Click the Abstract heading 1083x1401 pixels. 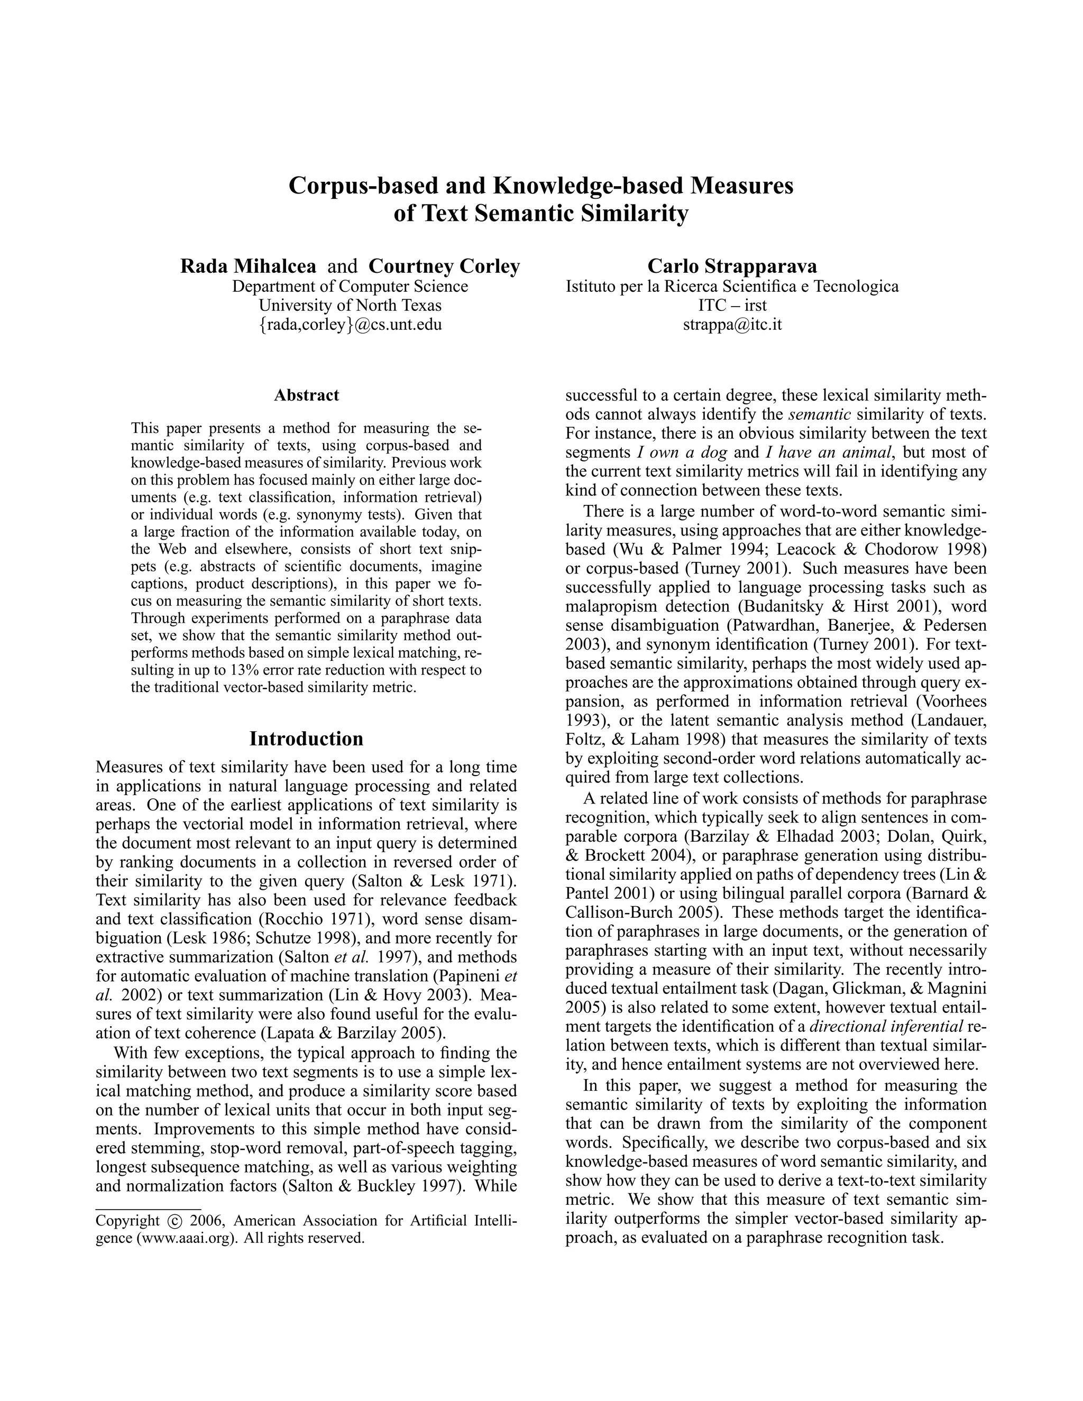coord(306,395)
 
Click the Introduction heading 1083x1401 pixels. coord(306,739)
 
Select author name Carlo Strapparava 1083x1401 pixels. coord(732,265)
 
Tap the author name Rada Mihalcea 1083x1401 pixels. coord(247,265)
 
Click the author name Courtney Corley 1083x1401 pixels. coord(444,265)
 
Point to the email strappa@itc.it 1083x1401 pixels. coord(732,324)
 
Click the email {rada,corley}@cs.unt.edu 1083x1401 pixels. coord(350,324)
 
